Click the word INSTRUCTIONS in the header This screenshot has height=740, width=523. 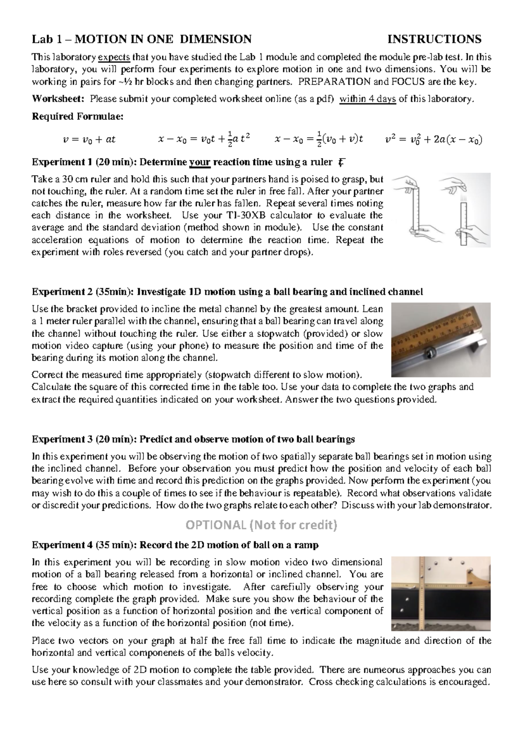[434, 39]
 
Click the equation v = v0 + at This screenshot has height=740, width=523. [89, 139]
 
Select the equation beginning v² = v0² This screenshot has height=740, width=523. [434, 139]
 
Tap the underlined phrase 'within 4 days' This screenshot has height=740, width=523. [367, 99]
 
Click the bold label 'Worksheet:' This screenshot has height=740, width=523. [59, 99]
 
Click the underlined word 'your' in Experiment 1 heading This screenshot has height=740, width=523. [200, 163]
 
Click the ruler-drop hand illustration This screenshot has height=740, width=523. [441, 209]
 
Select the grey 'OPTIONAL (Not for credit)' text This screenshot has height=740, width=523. [261, 525]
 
